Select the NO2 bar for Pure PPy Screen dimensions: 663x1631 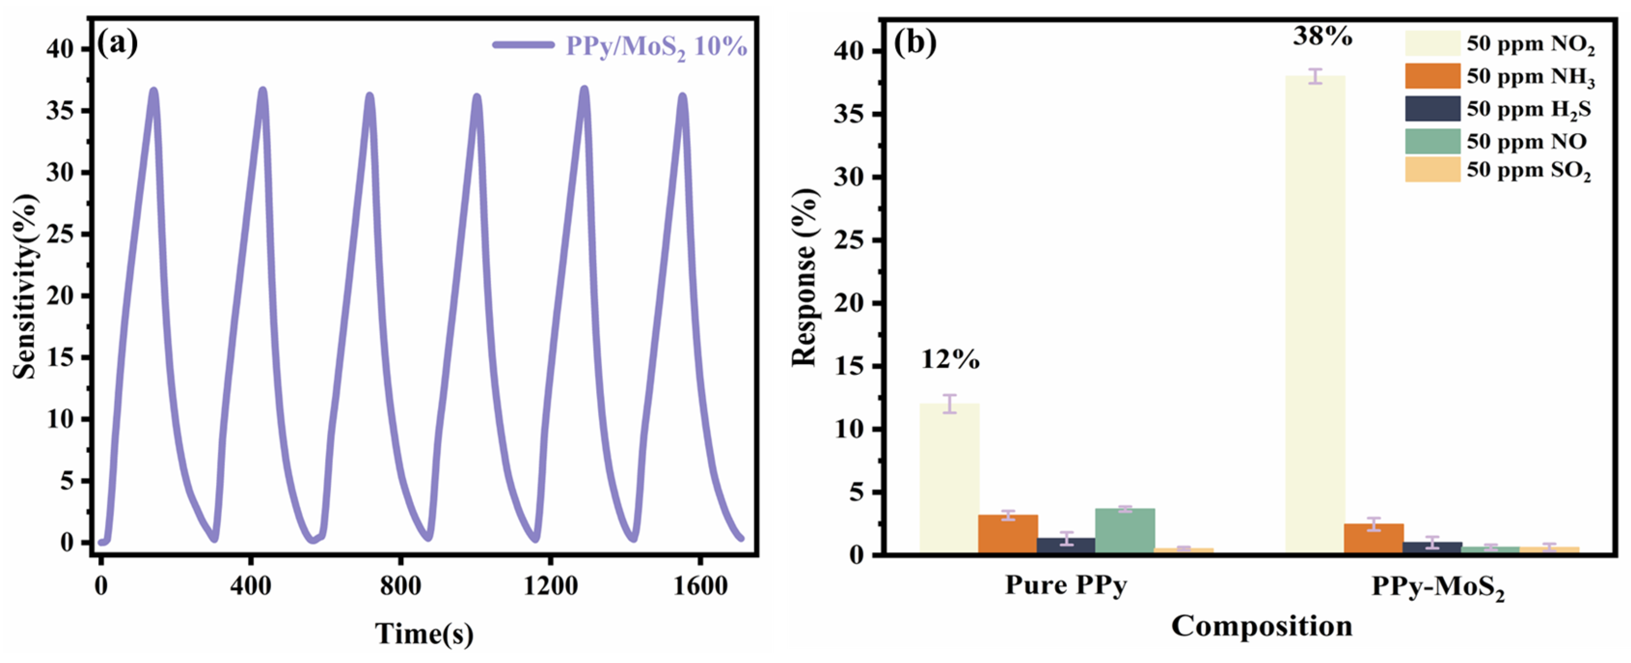(x=949, y=478)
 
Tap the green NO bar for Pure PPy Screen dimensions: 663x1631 (x=1125, y=531)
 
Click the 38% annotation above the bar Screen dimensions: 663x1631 (x=1322, y=37)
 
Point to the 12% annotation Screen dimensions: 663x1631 (x=950, y=360)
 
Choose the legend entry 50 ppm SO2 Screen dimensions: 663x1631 (x=1528, y=170)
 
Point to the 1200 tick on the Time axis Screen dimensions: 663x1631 (x=550, y=586)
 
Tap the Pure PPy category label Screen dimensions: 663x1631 (x=1066, y=585)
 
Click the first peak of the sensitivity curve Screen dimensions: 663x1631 (x=154, y=92)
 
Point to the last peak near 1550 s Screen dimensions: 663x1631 (x=682, y=97)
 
